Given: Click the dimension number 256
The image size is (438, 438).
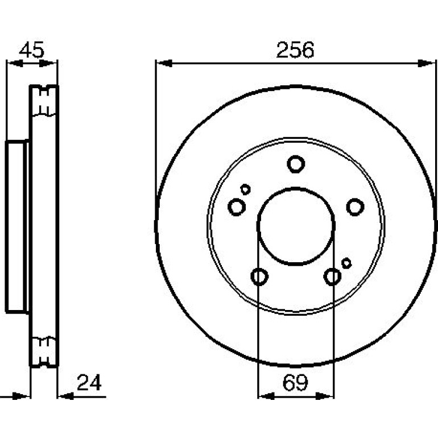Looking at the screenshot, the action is tap(295, 49).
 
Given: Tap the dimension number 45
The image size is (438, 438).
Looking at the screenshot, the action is tap(31, 50).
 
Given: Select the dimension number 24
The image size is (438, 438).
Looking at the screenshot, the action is tap(89, 383).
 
